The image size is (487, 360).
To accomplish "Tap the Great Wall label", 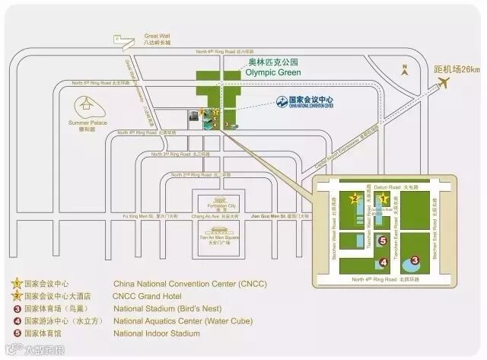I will point(157,37).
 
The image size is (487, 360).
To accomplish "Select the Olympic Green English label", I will point(273,72).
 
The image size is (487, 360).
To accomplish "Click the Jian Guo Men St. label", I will point(277,216).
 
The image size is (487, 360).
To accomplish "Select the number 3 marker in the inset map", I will point(415,260).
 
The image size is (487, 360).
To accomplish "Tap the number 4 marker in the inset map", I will point(384,263).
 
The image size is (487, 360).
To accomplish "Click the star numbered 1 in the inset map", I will point(385,199).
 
